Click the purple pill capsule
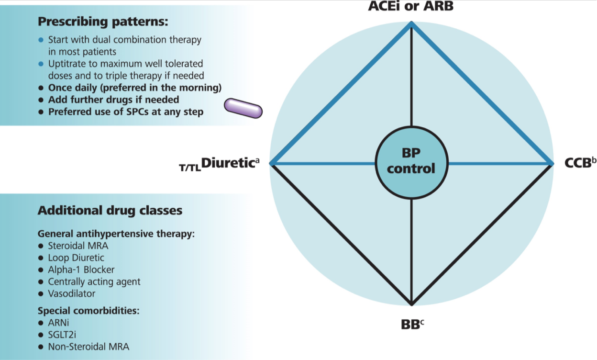pyautogui.click(x=243, y=108)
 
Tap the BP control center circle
pyautogui.click(x=411, y=162)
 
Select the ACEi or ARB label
pyautogui.click(x=411, y=6)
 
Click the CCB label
pyautogui.click(x=580, y=163)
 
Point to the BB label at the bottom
pyautogui.click(x=412, y=325)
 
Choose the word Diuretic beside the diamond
pyautogui.click(x=228, y=163)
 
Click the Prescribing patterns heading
pyautogui.click(x=103, y=22)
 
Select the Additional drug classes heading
pyautogui.click(x=110, y=211)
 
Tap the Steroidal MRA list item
pyautogui.click(x=78, y=246)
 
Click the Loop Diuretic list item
pyautogui.click(x=76, y=258)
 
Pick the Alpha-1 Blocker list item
pyautogui.click(x=81, y=270)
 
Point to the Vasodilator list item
pyautogui.click(x=71, y=293)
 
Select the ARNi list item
pyautogui.click(x=58, y=323)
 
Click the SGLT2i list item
pyautogui.click(x=62, y=335)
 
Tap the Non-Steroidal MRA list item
pyautogui.click(x=88, y=347)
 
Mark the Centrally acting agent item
pyautogui.click(x=94, y=282)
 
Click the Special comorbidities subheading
pyautogui.click(x=88, y=311)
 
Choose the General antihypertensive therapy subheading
pyautogui.click(x=116, y=234)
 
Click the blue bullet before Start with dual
pyautogui.click(x=41, y=40)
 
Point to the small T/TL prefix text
pyautogui.click(x=190, y=168)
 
